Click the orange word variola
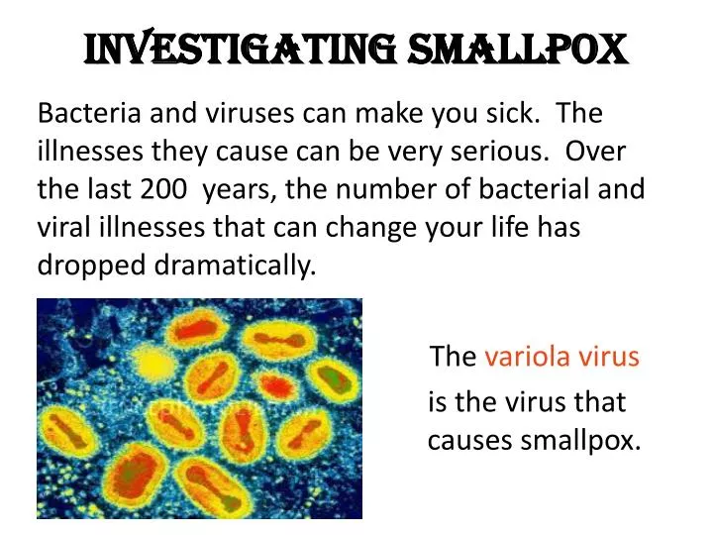pos(520,357)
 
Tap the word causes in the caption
pos(470,440)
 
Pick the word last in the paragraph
pos(111,188)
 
